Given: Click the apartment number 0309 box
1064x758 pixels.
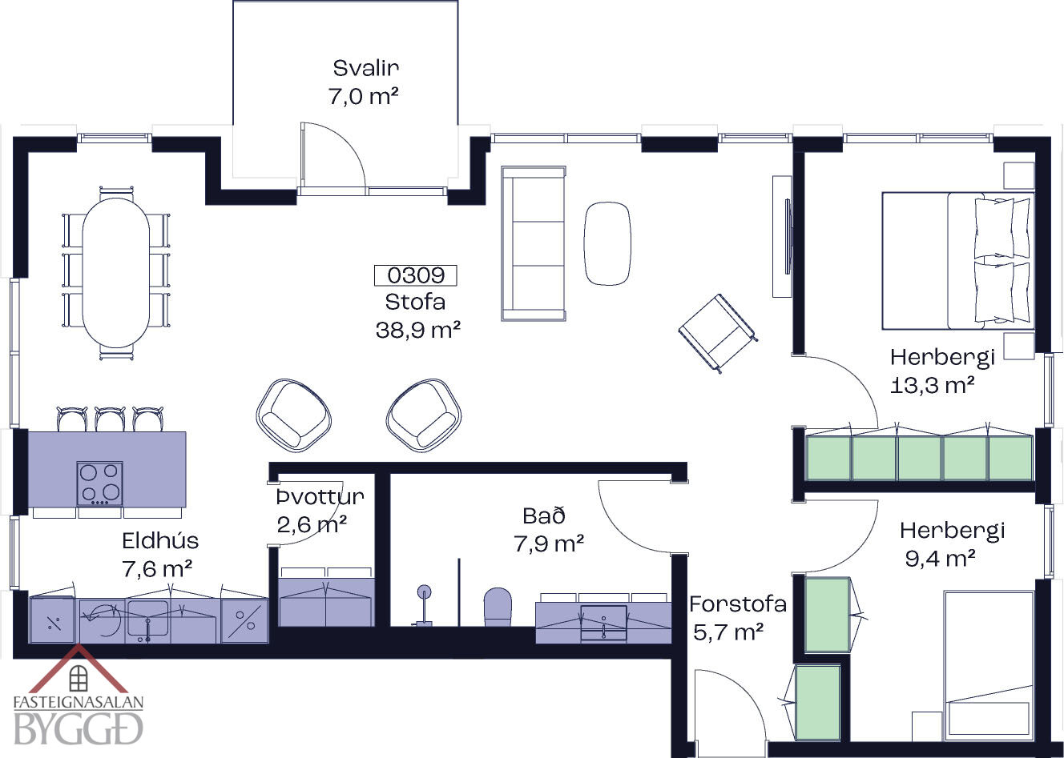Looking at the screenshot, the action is click(x=415, y=275).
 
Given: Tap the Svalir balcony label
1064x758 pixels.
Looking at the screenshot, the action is click(x=365, y=68).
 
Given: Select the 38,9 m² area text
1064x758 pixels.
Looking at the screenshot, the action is click(x=418, y=330).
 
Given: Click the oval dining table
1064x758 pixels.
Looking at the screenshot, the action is click(x=116, y=272).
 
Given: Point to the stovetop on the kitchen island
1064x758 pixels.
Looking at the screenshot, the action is click(x=99, y=483).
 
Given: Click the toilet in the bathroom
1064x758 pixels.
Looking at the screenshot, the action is click(x=498, y=607).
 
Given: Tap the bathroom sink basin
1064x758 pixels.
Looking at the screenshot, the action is click(x=604, y=622).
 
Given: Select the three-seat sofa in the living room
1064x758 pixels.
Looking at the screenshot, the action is click(x=534, y=243).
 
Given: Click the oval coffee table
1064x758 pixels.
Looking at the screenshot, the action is click(x=607, y=243).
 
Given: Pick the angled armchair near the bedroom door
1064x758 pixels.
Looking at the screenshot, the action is click(x=718, y=333).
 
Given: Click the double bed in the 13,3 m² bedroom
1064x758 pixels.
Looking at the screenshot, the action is click(x=958, y=261).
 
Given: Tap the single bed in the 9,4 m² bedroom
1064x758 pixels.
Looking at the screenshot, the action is click(x=989, y=665).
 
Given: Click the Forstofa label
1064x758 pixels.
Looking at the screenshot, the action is click(x=738, y=604).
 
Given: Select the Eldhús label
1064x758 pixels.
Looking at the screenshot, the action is click(x=160, y=540).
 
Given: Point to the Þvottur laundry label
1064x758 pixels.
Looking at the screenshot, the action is click(x=320, y=496).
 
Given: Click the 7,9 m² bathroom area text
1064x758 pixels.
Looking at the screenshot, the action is click(x=549, y=543).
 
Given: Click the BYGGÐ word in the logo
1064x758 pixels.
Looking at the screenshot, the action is click(x=79, y=729).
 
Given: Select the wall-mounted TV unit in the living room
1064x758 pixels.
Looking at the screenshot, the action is click(x=782, y=236).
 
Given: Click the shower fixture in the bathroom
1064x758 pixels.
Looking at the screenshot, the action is click(x=423, y=606).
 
